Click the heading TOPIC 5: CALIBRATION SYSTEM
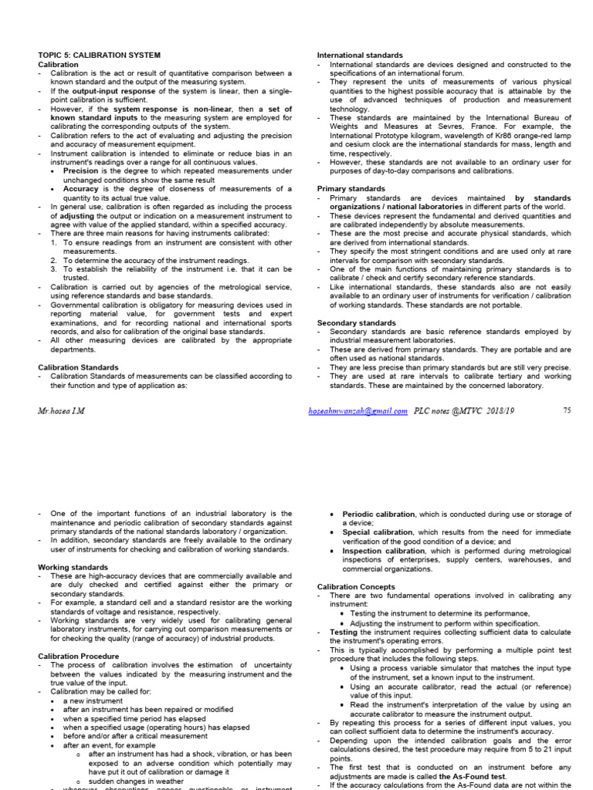(100, 56)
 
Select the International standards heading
(360, 56)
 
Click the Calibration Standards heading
(79, 367)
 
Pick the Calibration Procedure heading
(79, 656)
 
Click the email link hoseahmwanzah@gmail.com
(357, 411)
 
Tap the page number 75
(567, 411)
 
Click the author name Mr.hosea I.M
(61, 411)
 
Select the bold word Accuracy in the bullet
(81, 189)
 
